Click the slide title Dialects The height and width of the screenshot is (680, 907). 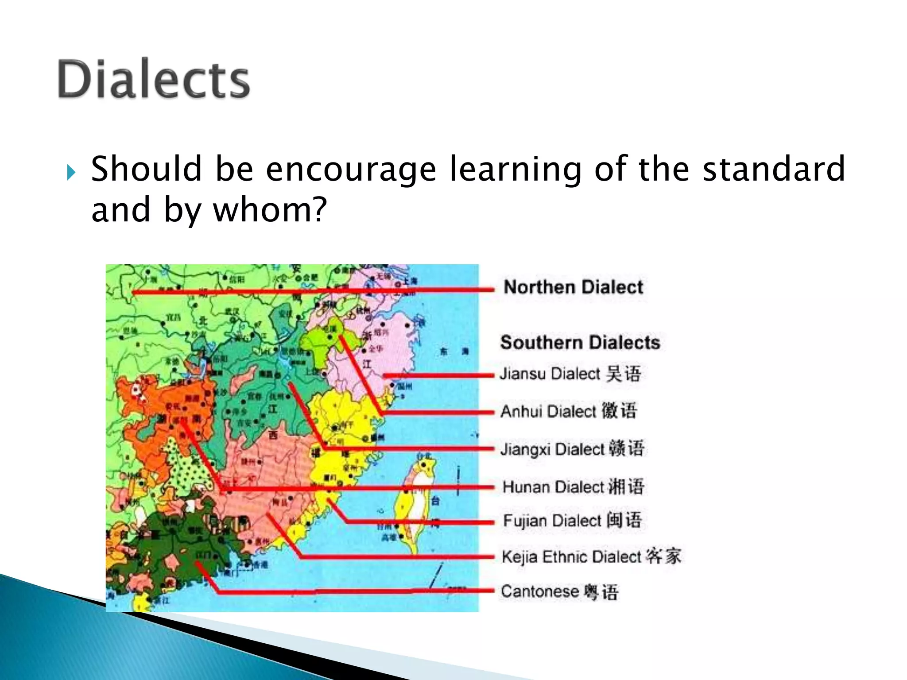pos(154,80)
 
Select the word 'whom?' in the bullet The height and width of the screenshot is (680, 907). pos(270,209)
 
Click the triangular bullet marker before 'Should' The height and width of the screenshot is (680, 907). pos(71,172)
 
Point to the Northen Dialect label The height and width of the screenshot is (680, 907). pos(573,287)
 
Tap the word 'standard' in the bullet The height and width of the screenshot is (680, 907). pos(774,169)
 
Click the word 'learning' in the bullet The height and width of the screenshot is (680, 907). pos(516,169)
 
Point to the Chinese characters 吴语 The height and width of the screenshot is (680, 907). pos(624,374)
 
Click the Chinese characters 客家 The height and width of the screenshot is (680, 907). pos(663,556)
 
